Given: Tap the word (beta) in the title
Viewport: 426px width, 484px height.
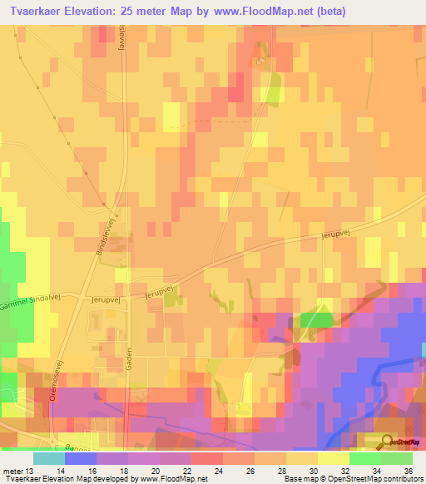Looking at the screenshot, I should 326,12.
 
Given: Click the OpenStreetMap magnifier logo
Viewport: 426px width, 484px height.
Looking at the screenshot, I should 387,442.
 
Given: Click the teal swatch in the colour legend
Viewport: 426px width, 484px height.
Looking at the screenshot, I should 49,458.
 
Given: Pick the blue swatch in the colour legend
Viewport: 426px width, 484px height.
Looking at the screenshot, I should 81,458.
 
